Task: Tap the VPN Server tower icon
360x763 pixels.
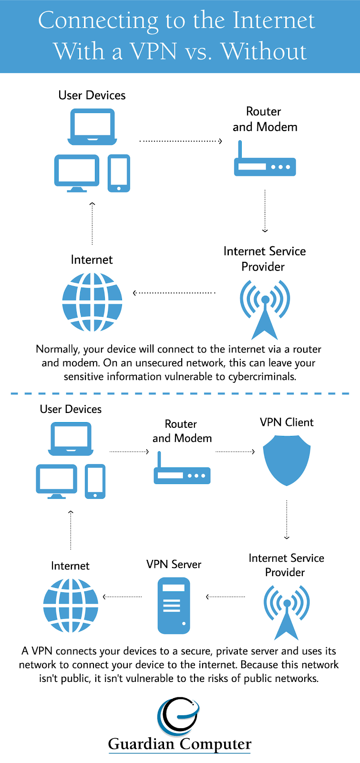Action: coord(174,606)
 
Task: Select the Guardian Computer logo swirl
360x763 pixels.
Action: coord(178,717)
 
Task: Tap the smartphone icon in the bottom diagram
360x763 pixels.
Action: coord(95,482)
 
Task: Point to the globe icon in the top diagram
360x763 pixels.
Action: coord(92,302)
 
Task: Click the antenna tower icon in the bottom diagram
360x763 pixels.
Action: coord(287,613)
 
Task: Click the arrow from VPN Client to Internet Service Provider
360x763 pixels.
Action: coord(287,519)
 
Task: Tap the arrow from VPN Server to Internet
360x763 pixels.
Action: coord(123,597)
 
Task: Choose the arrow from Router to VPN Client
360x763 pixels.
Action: coord(235,451)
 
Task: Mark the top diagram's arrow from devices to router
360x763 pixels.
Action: coord(181,141)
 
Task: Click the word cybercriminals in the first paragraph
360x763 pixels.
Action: coord(262,377)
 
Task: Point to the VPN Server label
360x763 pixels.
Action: coord(174,565)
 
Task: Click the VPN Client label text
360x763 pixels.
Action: coord(287,423)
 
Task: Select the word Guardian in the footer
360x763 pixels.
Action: coord(141,744)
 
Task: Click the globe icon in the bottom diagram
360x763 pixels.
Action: coord(71,606)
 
